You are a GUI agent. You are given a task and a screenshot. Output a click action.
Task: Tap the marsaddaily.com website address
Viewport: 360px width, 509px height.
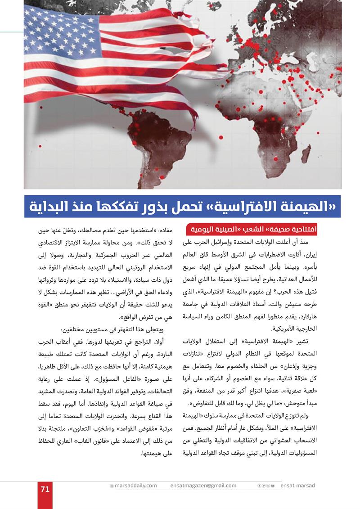click(x=135, y=486)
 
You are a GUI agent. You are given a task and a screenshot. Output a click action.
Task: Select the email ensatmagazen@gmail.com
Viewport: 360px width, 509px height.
click(x=203, y=486)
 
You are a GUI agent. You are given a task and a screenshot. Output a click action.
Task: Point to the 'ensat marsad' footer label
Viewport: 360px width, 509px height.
click(x=297, y=486)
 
